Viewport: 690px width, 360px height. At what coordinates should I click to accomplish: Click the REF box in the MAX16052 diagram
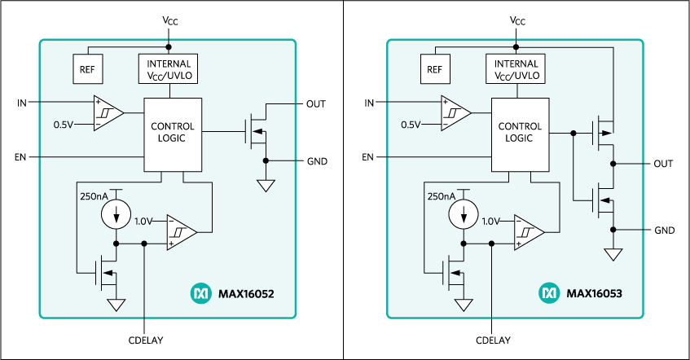87,69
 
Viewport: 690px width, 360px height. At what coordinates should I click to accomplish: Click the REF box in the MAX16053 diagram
434,69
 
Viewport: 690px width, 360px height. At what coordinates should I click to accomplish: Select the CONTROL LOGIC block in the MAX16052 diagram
173,134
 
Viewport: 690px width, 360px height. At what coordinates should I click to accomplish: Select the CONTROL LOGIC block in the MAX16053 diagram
520,134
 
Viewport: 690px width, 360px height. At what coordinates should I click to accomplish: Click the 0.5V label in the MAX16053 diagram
411,125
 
